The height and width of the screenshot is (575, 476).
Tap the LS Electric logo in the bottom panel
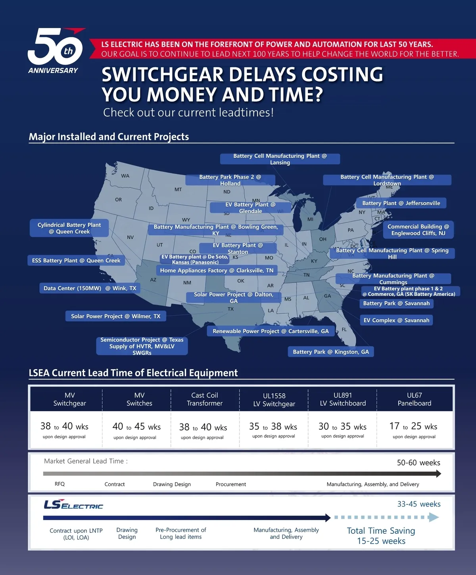[73, 505]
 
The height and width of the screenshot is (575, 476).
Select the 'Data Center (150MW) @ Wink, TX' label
[90, 288]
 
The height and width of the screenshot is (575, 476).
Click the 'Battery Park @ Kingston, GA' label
[331, 352]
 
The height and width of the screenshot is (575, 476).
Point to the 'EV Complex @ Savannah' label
[396, 320]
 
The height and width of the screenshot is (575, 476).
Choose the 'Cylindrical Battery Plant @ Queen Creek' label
[69, 228]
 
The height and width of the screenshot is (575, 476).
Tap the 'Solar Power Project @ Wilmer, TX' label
[115, 316]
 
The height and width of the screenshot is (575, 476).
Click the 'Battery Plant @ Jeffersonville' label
[401, 203]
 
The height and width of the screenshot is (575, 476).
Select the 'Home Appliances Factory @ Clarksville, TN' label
[217, 270]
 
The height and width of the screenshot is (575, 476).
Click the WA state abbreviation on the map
[125, 176]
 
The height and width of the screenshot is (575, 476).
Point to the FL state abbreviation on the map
[344, 330]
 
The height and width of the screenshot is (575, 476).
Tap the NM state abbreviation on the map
[187, 283]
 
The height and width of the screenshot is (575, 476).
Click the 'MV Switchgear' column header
[70, 399]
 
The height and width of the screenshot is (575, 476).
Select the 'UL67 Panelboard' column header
[414, 399]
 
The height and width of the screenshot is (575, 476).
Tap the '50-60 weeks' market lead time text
[418, 463]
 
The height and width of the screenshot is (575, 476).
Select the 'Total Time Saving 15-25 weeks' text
[381, 536]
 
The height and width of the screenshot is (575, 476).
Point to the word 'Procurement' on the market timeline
[231, 484]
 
